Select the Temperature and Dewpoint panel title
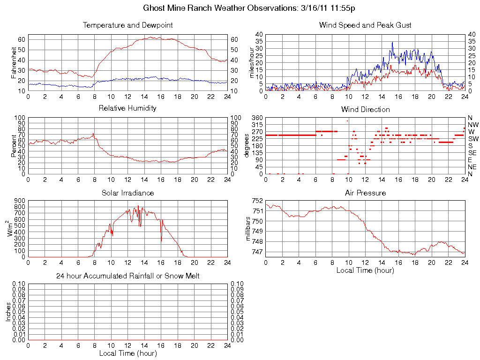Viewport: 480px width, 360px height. pos(128,25)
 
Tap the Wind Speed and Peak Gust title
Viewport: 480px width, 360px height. pos(365,25)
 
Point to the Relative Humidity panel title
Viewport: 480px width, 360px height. pos(128,108)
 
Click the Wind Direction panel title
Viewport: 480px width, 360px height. pos(365,109)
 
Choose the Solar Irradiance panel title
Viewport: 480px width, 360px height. pos(128,193)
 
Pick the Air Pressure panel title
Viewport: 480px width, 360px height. pos(365,193)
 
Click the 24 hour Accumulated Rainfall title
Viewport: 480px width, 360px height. pos(128,276)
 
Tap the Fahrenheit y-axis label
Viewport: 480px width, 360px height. pos(14,62)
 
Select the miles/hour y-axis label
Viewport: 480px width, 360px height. pos(251,62)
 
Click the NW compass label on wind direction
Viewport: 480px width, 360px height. pos(473,125)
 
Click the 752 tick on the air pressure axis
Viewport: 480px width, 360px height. pos(257,201)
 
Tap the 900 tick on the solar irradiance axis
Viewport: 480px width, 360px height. pos(19,201)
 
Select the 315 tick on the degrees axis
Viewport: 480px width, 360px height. pos(256,125)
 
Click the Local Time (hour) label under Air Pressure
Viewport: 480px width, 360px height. pos(365,270)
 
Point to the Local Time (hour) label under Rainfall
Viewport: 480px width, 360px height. pos(128,353)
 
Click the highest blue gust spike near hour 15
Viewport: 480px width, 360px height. pos(392,42)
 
